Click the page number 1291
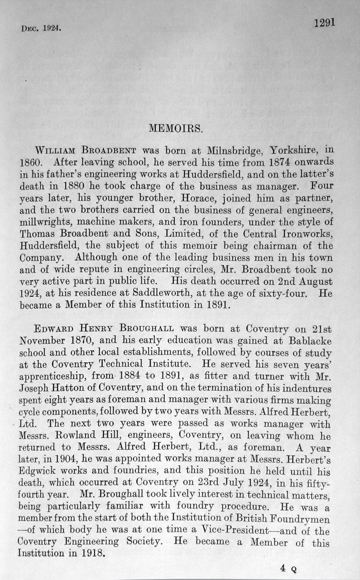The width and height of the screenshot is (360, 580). pyautogui.click(x=324, y=23)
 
